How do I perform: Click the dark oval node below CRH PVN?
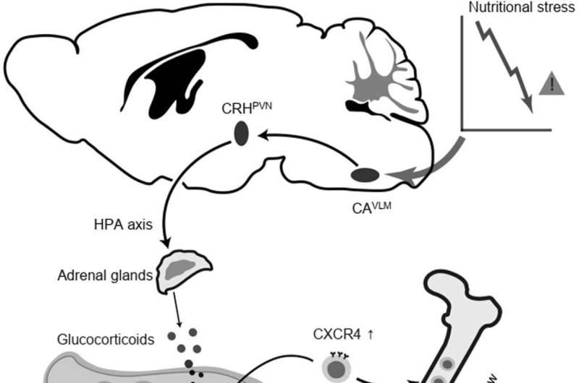point(241,134)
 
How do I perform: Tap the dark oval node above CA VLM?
point(365,175)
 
